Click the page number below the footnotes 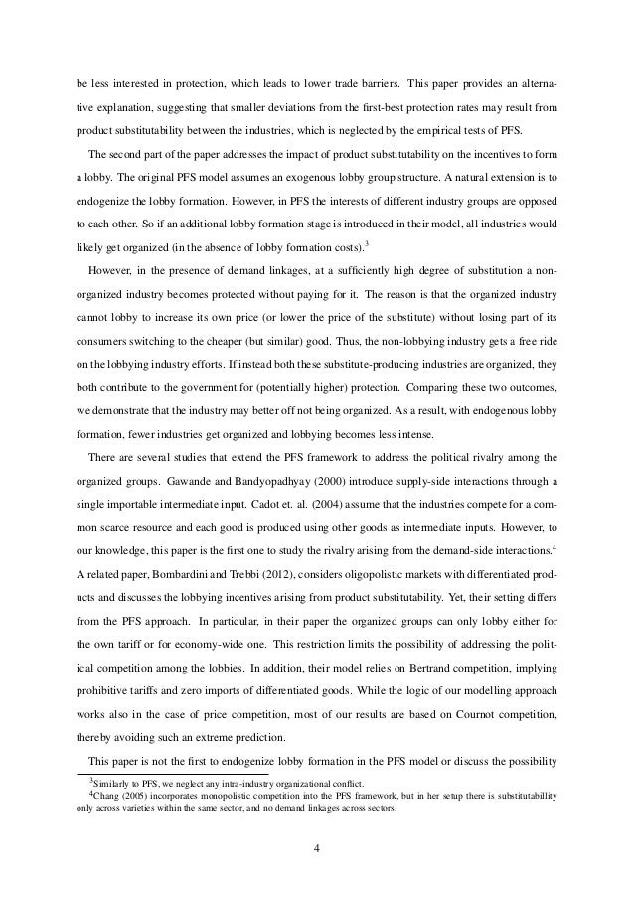(316, 850)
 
